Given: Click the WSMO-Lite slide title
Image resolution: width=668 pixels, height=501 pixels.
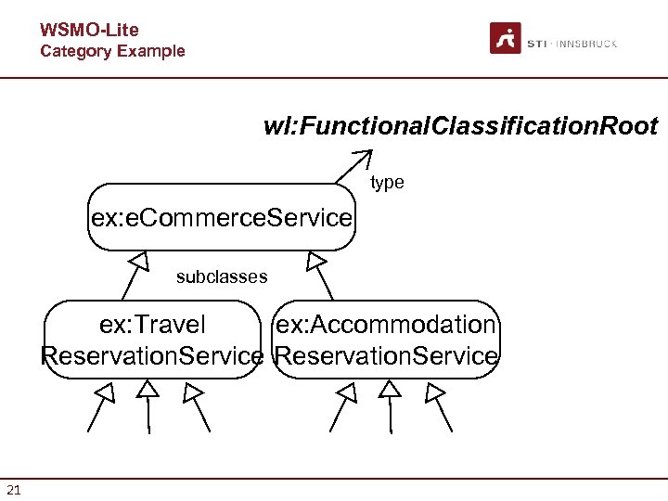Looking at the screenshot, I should click(89, 31).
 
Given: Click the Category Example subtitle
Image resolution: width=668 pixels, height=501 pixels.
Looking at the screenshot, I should click(112, 51).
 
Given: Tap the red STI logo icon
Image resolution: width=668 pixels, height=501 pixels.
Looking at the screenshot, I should click(506, 39).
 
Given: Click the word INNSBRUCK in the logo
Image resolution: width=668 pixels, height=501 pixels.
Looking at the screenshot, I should click(588, 44).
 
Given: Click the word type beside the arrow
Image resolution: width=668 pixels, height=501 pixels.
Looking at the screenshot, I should click(387, 183).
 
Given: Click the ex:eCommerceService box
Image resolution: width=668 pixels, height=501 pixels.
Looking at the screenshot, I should click(221, 218).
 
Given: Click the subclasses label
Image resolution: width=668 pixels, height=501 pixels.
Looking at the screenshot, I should click(222, 276).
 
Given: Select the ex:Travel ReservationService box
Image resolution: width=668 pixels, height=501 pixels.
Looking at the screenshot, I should click(153, 340).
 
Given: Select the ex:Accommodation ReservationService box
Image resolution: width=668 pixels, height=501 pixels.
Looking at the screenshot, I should click(387, 340).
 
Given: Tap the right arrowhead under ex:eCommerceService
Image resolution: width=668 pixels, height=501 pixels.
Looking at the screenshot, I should click(315, 260).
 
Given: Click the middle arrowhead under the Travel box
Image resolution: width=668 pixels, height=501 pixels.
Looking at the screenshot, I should click(148, 389).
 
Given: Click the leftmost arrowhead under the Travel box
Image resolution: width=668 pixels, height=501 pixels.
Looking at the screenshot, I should click(106, 392).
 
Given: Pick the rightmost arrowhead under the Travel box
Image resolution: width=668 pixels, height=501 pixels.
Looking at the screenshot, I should click(192, 392).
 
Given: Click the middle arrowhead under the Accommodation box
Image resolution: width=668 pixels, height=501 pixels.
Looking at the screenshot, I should click(391, 389).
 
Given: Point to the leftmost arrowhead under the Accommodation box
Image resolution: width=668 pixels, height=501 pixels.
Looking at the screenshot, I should click(346, 392).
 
